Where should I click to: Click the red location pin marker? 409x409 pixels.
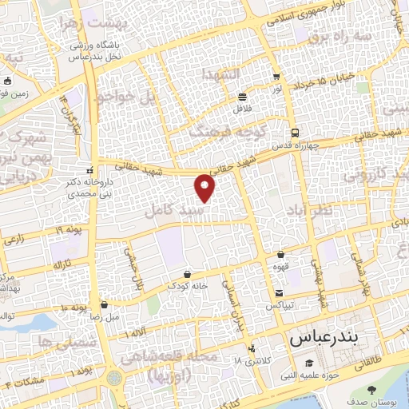[206, 189]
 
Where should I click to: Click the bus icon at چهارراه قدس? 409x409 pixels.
[296, 133]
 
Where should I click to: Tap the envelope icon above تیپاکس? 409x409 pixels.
[279, 292]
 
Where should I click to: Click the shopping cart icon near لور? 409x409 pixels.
[276, 77]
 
